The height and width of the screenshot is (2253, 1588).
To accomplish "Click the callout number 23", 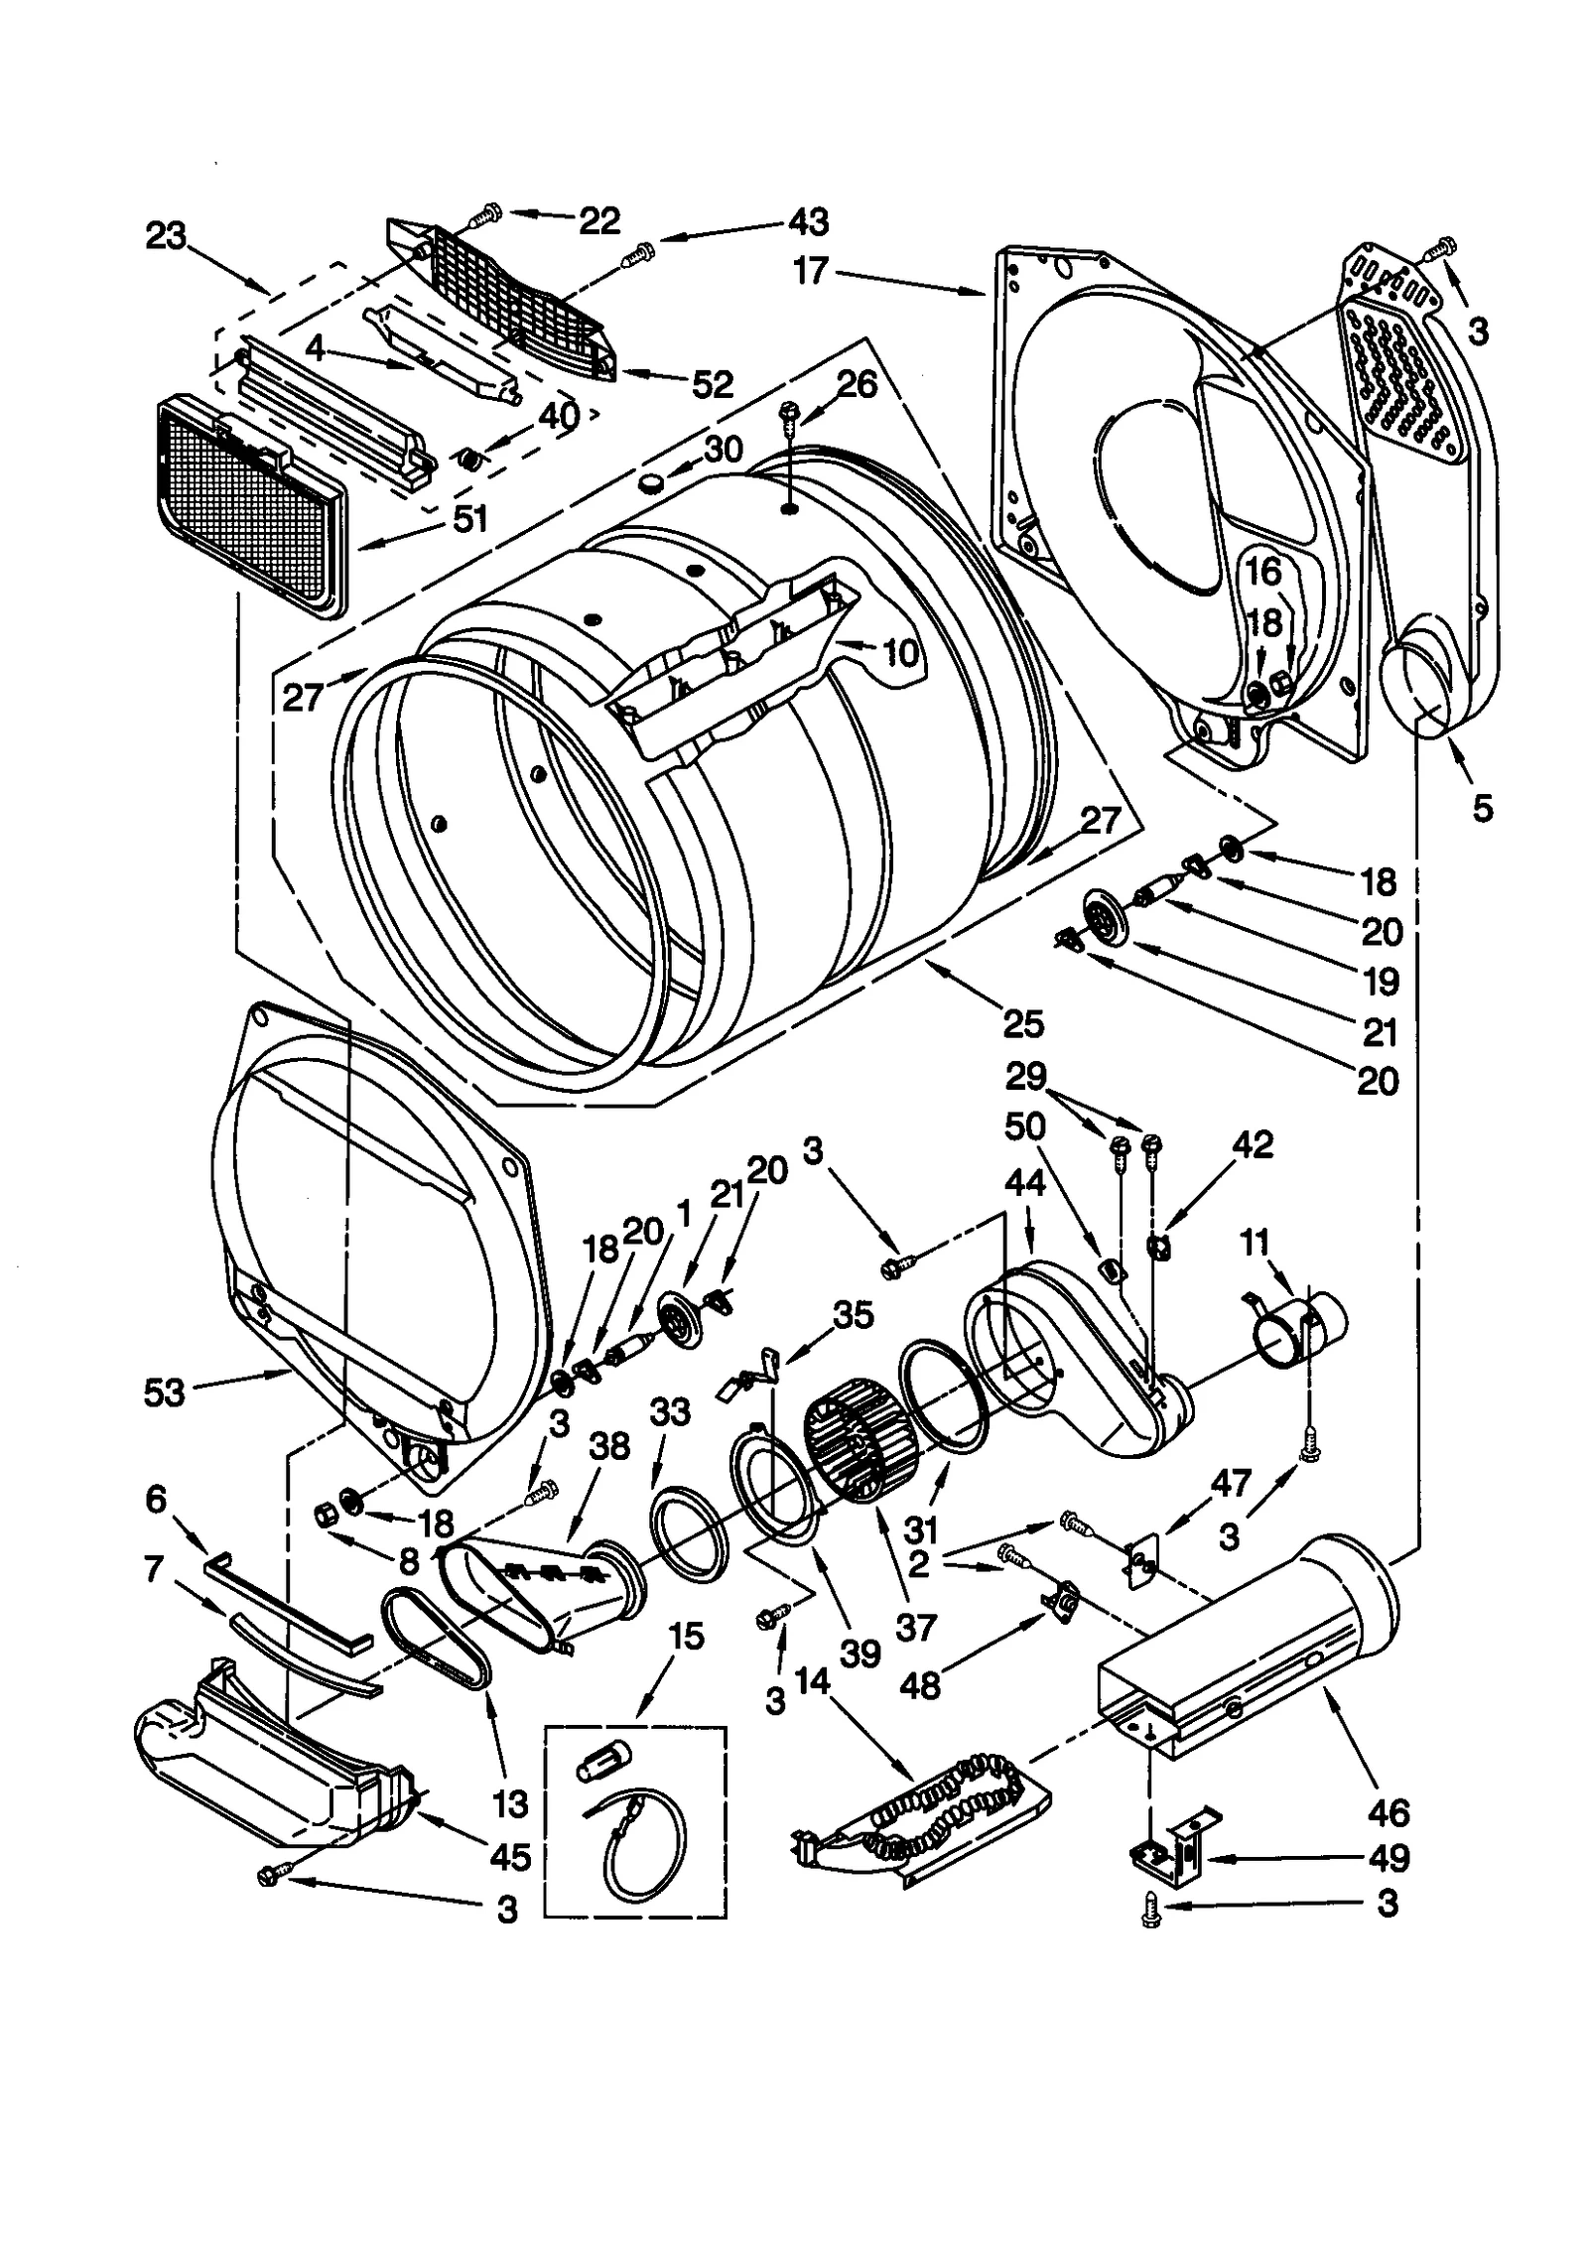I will pyautogui.click(x=166, y=236).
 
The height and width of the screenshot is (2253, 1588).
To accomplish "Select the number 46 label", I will pyautogui.click(x=1388, y=1813).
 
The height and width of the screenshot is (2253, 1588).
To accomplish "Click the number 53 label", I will pyautogui.click(x=164, y=1392).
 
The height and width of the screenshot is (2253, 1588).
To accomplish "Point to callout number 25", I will pyautogui.click(x=1023, y=1022).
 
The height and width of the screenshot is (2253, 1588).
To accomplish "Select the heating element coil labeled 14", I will pyautogui.click(x=943, y=1806).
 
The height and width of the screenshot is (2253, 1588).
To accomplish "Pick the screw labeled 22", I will pyautogui.click(x=487, y=212).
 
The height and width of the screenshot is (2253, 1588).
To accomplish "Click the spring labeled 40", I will pyautogui.click(x=470, y=459).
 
